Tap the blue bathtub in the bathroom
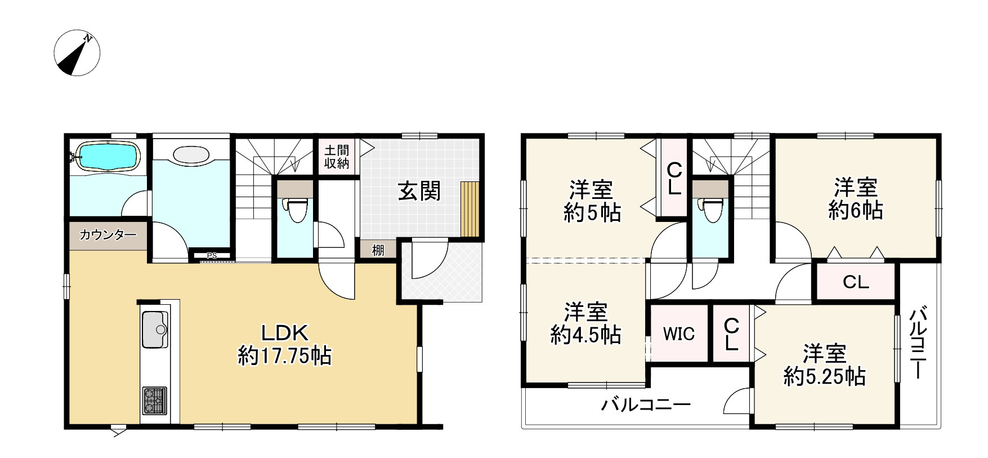(x=107, y=155)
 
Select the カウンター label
(x=108, y=235)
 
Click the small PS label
(x=212, y=256)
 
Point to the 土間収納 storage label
(x=337, y=157)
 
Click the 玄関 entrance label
(x=419, y=192)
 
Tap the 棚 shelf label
(x=378, y=250)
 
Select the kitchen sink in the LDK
(x=154, y=329)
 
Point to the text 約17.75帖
(x=284, y=356)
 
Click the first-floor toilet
(x=293, y=211)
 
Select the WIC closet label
(x=678, y=334)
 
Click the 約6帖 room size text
(x=855, y=211)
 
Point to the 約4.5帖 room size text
(x=585, y=336)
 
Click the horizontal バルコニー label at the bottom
(x=646, y=404)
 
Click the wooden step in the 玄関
(x=469, y=210)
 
